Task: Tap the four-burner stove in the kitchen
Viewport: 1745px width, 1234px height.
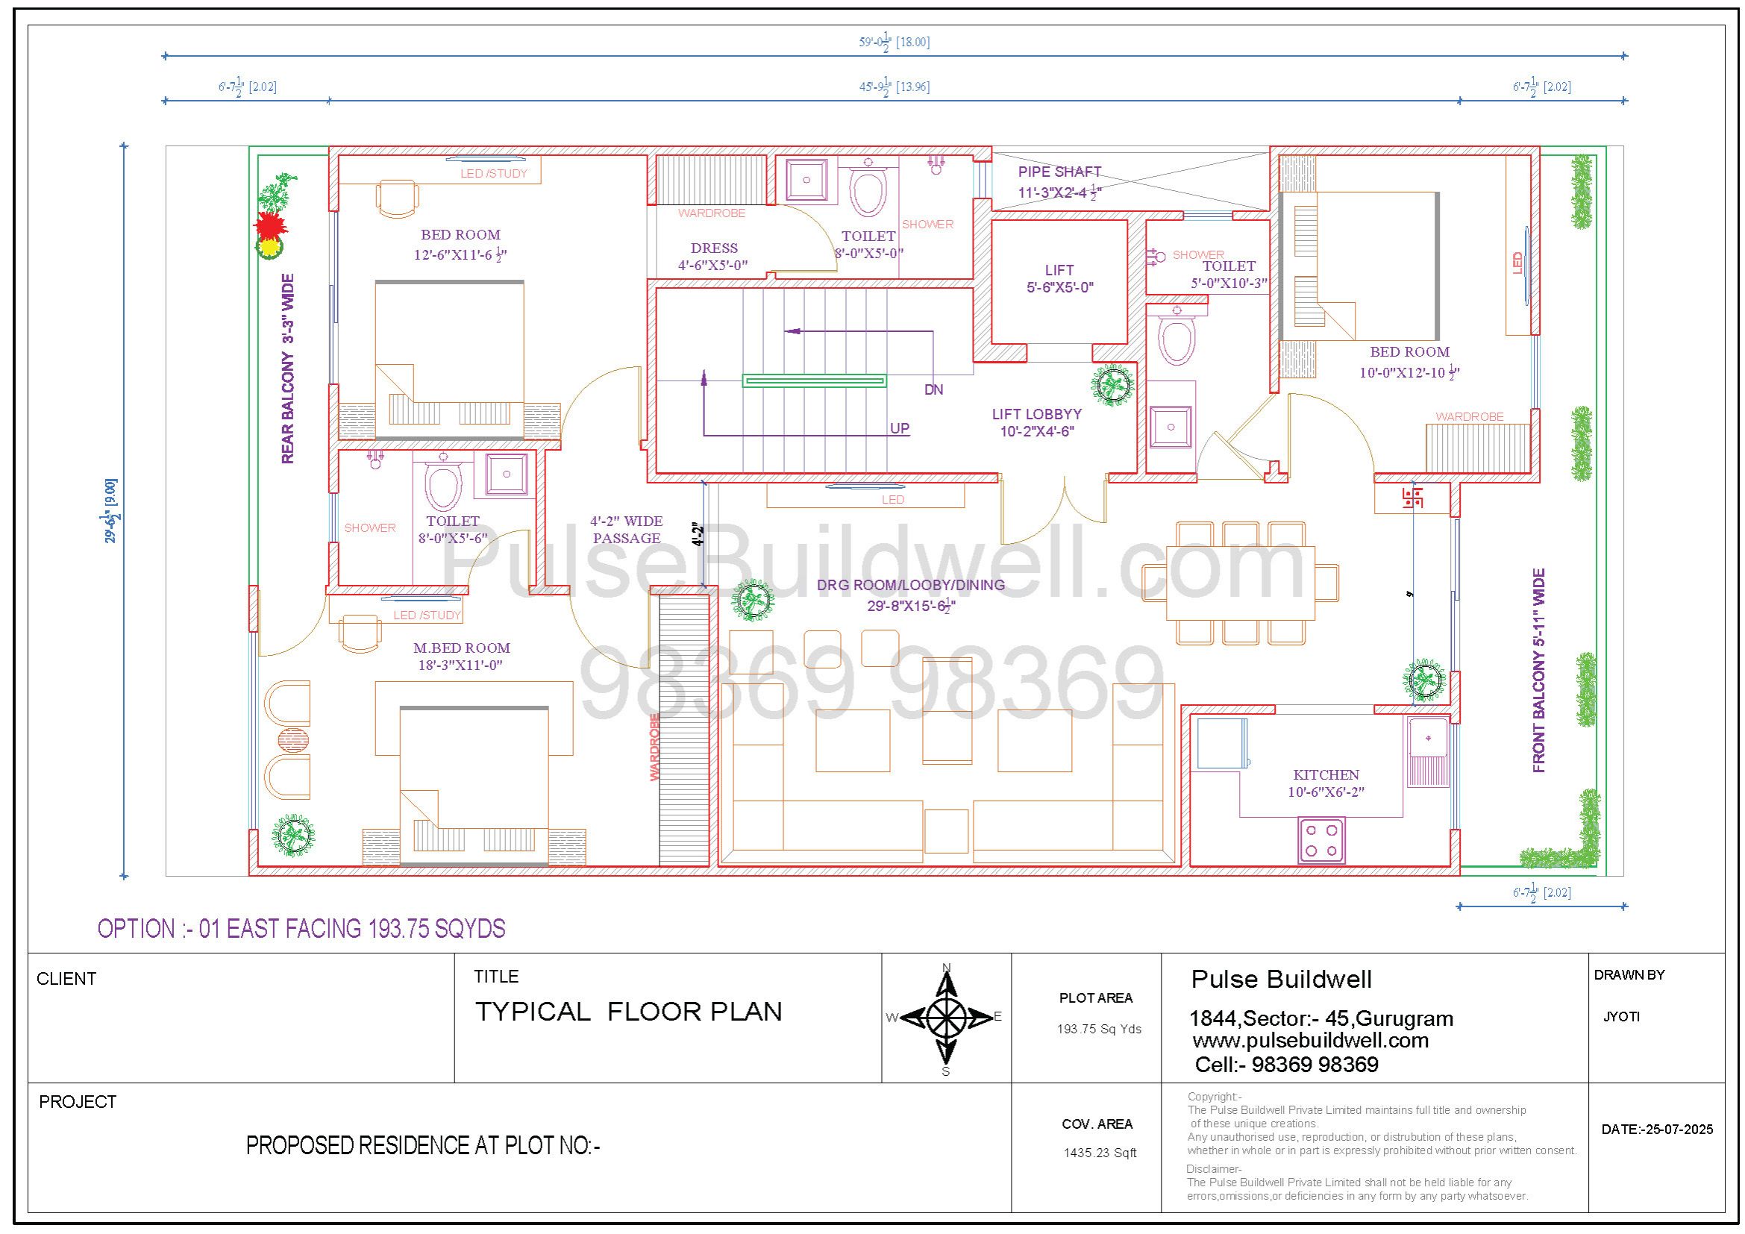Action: (1322, 840)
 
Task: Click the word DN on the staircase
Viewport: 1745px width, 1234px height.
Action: (933, 389)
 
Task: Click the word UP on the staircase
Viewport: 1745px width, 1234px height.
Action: (900, 428)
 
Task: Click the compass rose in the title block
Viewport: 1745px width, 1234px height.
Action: (946, 1017)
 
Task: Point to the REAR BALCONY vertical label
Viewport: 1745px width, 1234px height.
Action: (287, 369)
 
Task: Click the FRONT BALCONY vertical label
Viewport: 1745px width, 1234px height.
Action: (1539, 671)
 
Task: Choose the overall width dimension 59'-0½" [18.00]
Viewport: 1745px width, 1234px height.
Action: (895, 43)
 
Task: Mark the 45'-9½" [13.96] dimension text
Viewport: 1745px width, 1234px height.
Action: (895, 87)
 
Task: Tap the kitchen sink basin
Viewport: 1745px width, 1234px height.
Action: (1427, 738)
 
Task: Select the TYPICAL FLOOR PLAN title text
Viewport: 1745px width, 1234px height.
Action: (628, 1012)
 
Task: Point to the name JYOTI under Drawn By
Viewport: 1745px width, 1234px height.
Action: (1621, 1017)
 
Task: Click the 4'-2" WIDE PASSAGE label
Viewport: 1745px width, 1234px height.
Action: (627, 530)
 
